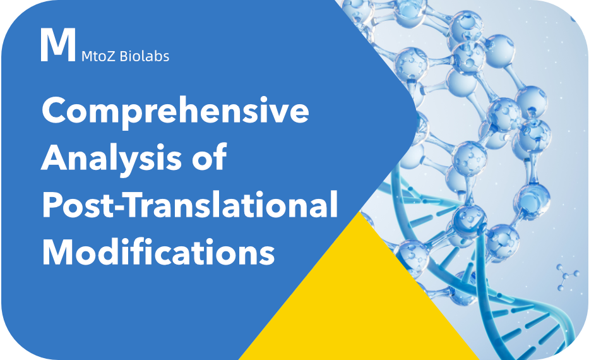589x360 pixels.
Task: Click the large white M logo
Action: pyautogui.click(x=57, y=45)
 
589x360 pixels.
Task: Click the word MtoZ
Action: pyautogui.click(x=98, y=56)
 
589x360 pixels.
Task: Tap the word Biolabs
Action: pyautogui.click(x=144, y=56)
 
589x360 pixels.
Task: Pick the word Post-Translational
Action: pyautogui.click(x=189, y=205)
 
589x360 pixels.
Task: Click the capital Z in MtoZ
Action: pyautogui.click(x=111, y=56)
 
